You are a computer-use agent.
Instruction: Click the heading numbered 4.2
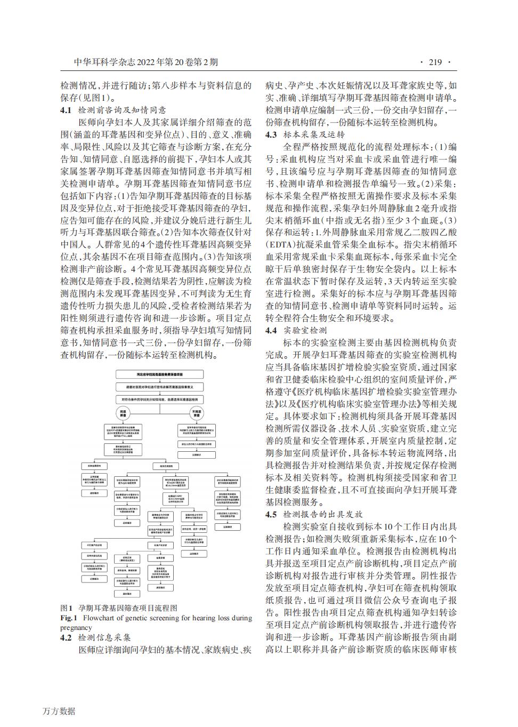click(x=67, y=637)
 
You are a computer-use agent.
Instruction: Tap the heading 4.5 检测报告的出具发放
click(x=313, y=514)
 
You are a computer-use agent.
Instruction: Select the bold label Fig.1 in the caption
click(x=69, y=618)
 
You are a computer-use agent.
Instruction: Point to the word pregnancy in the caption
click(x=77, y=627)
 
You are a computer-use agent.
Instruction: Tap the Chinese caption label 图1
click(x=67, y=608)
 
